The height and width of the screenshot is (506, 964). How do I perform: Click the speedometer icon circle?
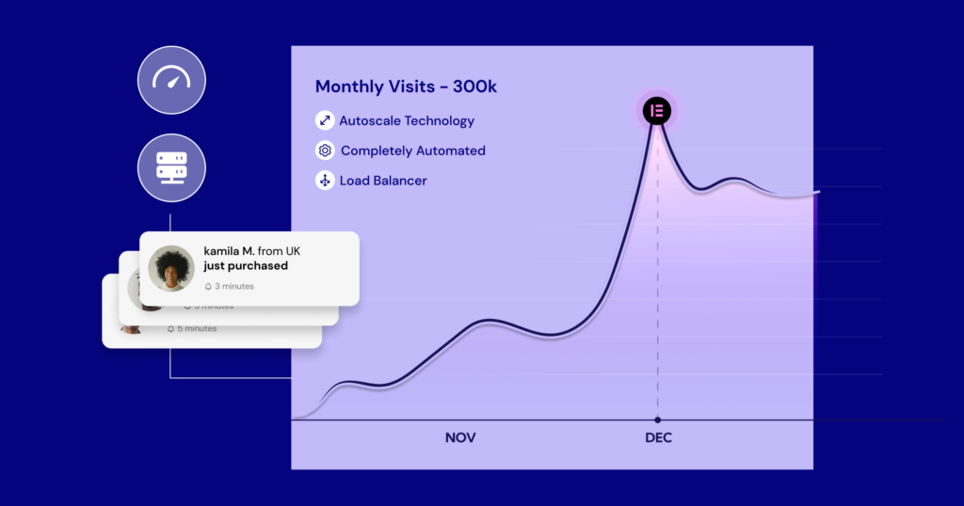pos(171,79)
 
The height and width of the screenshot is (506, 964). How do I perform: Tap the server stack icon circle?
pos(171,167)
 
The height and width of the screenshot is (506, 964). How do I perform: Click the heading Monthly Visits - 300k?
pos(406,87)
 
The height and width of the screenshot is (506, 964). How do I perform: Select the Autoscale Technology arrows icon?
pos(325,120)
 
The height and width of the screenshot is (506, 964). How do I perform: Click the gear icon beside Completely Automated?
pos(325,150)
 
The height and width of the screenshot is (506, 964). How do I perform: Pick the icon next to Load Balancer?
pos(325,181)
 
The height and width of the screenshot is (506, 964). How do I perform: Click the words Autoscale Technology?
pos(407,120)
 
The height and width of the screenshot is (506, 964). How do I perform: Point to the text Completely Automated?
pos(413,150)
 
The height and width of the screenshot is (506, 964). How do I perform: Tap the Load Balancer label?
pos(383,181)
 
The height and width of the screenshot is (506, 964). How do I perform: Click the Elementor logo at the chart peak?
pos(657,110)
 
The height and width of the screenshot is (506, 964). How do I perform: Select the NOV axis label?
pos(460,438)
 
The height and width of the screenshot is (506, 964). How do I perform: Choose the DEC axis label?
pos(658,438)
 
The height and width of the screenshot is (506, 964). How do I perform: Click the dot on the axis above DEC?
pos(657,419)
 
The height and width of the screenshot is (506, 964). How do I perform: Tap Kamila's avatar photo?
pos(171,268)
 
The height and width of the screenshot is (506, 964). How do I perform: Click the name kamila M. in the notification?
pos(229,251)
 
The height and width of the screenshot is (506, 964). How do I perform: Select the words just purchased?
pos(246,266)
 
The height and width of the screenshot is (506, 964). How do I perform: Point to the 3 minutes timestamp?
pos(234,286)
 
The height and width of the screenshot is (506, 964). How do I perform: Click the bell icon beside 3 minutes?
pos(208,286)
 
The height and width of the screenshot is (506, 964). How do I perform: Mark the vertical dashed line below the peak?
pos(657,282)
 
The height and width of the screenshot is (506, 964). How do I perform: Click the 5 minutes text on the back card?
pos(197,328)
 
